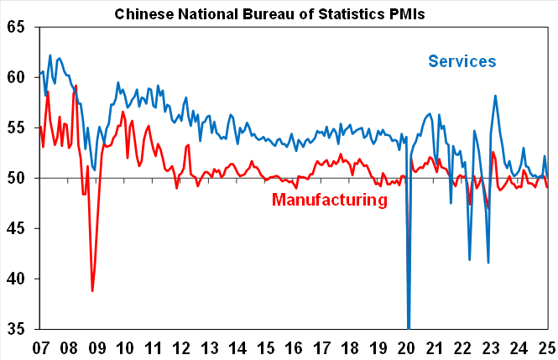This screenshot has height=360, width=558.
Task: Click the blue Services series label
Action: (462, 61)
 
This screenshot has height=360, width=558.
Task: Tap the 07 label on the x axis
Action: (40, 347)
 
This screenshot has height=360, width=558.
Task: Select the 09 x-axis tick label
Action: (96, 347)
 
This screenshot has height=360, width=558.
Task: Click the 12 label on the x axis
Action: (180, 347)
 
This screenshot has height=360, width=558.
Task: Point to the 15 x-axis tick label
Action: (264, 347)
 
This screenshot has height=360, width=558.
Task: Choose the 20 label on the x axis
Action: (405, 347)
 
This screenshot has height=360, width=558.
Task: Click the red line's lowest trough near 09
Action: (92, 290)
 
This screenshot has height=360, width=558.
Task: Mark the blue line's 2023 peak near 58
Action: (495, 96)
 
